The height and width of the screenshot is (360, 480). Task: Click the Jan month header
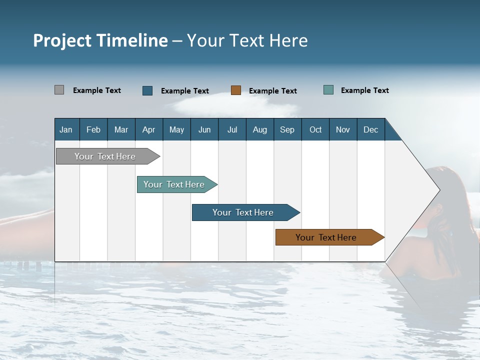[66, 129]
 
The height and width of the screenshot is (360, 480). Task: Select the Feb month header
[93, 129]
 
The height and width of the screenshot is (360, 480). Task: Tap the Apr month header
[148, 129]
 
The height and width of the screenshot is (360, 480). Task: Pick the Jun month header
[204, 129]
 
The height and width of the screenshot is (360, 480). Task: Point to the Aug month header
[259, 129]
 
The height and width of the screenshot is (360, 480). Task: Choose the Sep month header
[287, 129]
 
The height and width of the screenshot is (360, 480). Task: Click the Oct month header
[315, 129]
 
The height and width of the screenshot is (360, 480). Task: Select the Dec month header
[370, 129]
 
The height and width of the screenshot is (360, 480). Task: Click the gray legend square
[59, 90]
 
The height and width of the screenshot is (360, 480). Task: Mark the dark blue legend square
[147, 90]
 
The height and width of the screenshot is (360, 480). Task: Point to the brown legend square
[236, 90]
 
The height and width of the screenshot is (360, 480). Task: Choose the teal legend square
[328, 90]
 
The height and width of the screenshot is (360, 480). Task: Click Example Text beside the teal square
[364, 90]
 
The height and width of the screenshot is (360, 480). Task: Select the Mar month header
[121, 129]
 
